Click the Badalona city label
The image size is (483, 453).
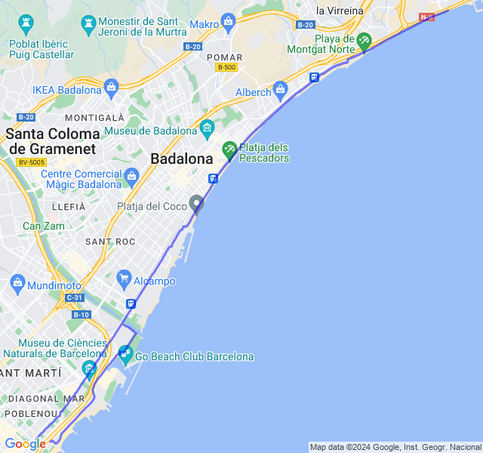pos(182,159)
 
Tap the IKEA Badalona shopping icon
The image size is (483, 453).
pos(112,87)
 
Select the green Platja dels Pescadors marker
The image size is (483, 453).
pos(229,150)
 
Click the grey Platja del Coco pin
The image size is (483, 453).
pos(196,203)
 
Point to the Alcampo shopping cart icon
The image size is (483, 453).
pos(124,279)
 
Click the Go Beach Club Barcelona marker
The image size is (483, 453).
pos(125,353)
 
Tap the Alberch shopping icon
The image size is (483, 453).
pos(281,90)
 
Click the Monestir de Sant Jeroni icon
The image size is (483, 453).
pos(89,26)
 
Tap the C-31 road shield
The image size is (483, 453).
pos(74,297)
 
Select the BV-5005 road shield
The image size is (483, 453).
pos(31,162)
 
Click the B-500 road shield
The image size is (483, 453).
pos(226,67)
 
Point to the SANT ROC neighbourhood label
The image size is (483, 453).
pos(110,242)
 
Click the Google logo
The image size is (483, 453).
pos(25,444)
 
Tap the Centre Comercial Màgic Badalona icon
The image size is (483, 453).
pos(131,177)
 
